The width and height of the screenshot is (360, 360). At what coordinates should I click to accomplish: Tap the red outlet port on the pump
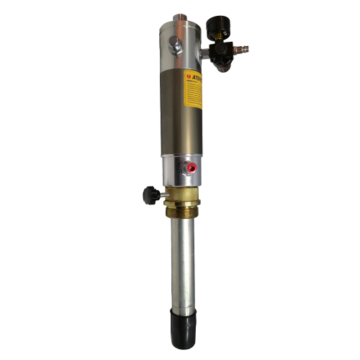click(192, 168)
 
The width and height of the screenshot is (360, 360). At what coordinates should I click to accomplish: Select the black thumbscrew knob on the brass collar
click(150, 193)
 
